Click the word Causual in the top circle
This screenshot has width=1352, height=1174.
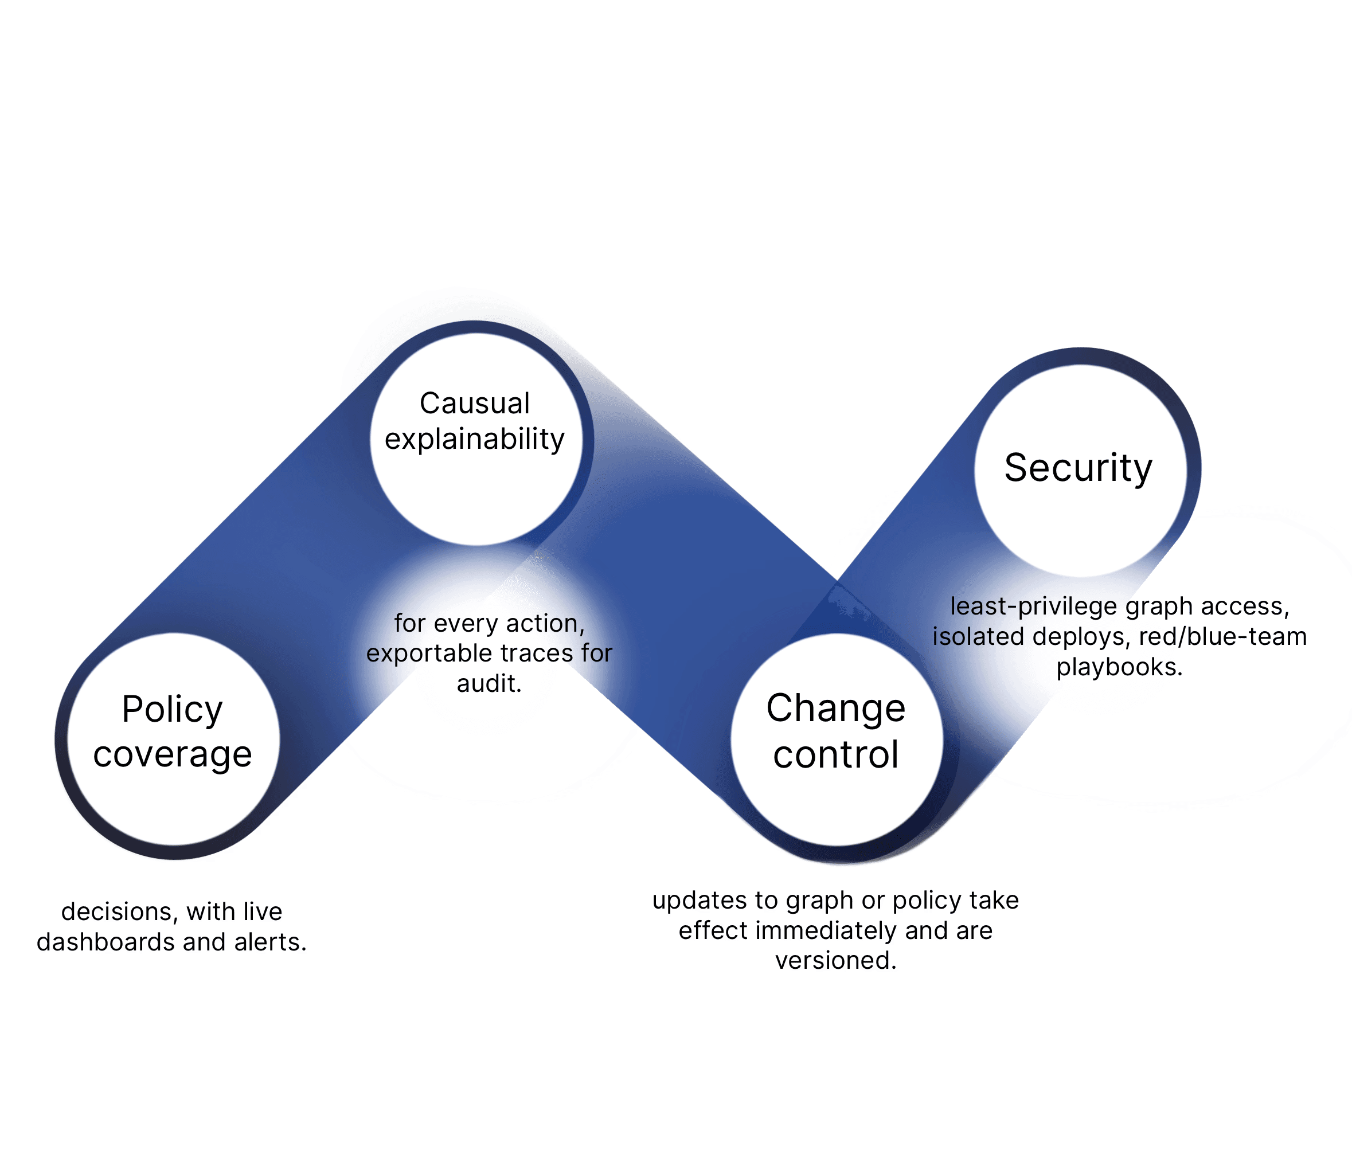coord(475,404)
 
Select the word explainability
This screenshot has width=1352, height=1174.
coord(475,440)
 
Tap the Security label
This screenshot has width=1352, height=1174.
coord(1078,468)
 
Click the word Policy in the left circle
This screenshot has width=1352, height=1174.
coord(173,710)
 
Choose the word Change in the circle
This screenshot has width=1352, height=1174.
coord(835,708)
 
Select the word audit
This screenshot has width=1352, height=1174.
coord(489,684)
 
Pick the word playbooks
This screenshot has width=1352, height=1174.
coord(1119,667)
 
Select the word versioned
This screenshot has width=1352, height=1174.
coord(835,960)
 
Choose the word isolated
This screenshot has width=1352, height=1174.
coord(978,637)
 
